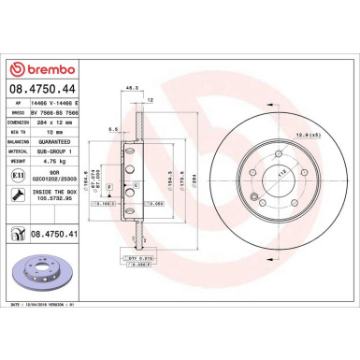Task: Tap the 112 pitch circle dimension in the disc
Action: [257, 173]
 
